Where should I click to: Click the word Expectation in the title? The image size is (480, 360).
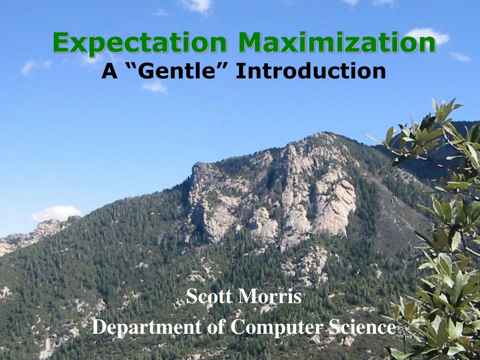(x=140, y=43)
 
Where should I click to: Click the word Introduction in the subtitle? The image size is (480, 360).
(x=311, y=71)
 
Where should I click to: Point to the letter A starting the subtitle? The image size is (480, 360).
(x=110, y=71)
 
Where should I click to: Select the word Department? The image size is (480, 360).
(x=147, y=327)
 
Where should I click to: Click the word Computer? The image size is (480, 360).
(x=277, y=327)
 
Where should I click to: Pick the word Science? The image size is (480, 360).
(x=362, y=326)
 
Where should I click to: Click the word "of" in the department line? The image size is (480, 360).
(x=216, y=326)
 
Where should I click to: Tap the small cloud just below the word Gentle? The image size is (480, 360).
(x=155, y=87)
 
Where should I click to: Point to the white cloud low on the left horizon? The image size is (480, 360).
(x=56, y=213)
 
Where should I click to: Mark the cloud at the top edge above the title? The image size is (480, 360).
(x=197, y=5)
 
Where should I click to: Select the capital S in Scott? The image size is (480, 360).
(x=191, y=296)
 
